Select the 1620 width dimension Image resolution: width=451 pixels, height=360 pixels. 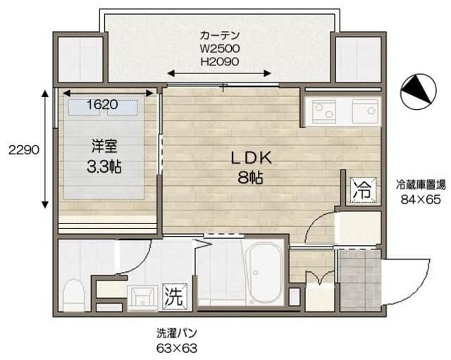tap(101, 105)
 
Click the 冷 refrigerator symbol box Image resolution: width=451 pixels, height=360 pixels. tap(361, 189)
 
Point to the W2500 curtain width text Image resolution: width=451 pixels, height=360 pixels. tap(220, 49)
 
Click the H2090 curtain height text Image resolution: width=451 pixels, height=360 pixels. tap(220, 62)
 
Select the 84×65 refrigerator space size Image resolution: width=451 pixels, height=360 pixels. tap(421, 199)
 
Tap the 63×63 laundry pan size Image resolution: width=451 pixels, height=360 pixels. tap(176, 348)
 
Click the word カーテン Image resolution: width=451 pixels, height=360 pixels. tap(220, 35)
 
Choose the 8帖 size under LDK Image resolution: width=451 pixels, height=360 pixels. tap(250, 178)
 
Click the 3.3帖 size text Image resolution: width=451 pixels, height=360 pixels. tap(104, 168)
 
